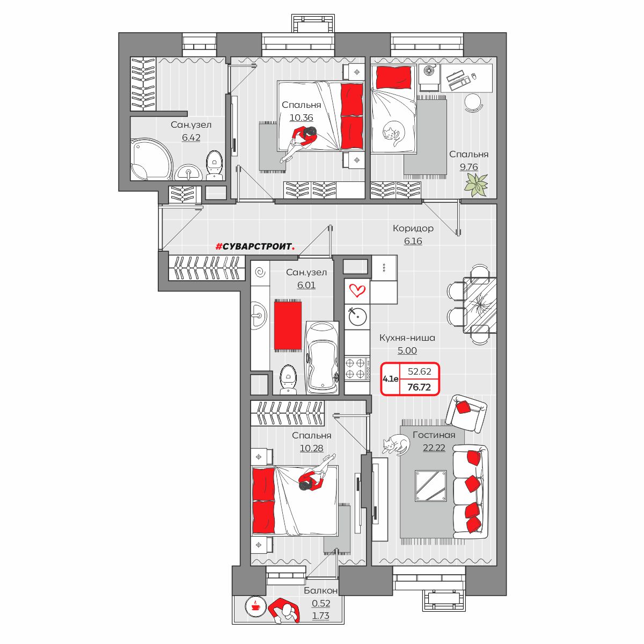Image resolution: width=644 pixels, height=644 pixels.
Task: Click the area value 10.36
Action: point(301,118)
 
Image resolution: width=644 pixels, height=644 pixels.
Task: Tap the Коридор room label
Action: point(413,228)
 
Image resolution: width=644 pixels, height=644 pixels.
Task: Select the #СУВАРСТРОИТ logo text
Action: point(255,247)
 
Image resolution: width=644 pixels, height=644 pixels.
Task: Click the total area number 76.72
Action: point(419,387)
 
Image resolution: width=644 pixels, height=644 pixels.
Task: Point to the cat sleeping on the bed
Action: point(393,133)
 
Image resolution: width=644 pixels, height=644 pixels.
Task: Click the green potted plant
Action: point(476,185)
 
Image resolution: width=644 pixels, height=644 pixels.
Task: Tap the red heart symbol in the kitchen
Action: point(357,290)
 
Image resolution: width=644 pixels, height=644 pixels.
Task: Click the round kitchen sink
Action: point(357,317)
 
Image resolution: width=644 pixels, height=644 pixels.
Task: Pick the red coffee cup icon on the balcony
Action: point(255,605)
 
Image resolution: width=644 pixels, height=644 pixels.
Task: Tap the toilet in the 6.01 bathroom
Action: point(288,379)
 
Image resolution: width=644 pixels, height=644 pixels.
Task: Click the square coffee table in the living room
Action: point(431,486)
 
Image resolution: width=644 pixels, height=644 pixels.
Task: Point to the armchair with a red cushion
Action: point(466,413)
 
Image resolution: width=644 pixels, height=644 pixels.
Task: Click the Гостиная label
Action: point(434,435)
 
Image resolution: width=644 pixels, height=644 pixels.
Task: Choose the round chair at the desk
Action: point(473,103)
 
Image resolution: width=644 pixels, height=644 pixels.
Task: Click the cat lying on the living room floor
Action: point(396,445)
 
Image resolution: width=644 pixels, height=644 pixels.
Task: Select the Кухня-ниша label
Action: point(407,338)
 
